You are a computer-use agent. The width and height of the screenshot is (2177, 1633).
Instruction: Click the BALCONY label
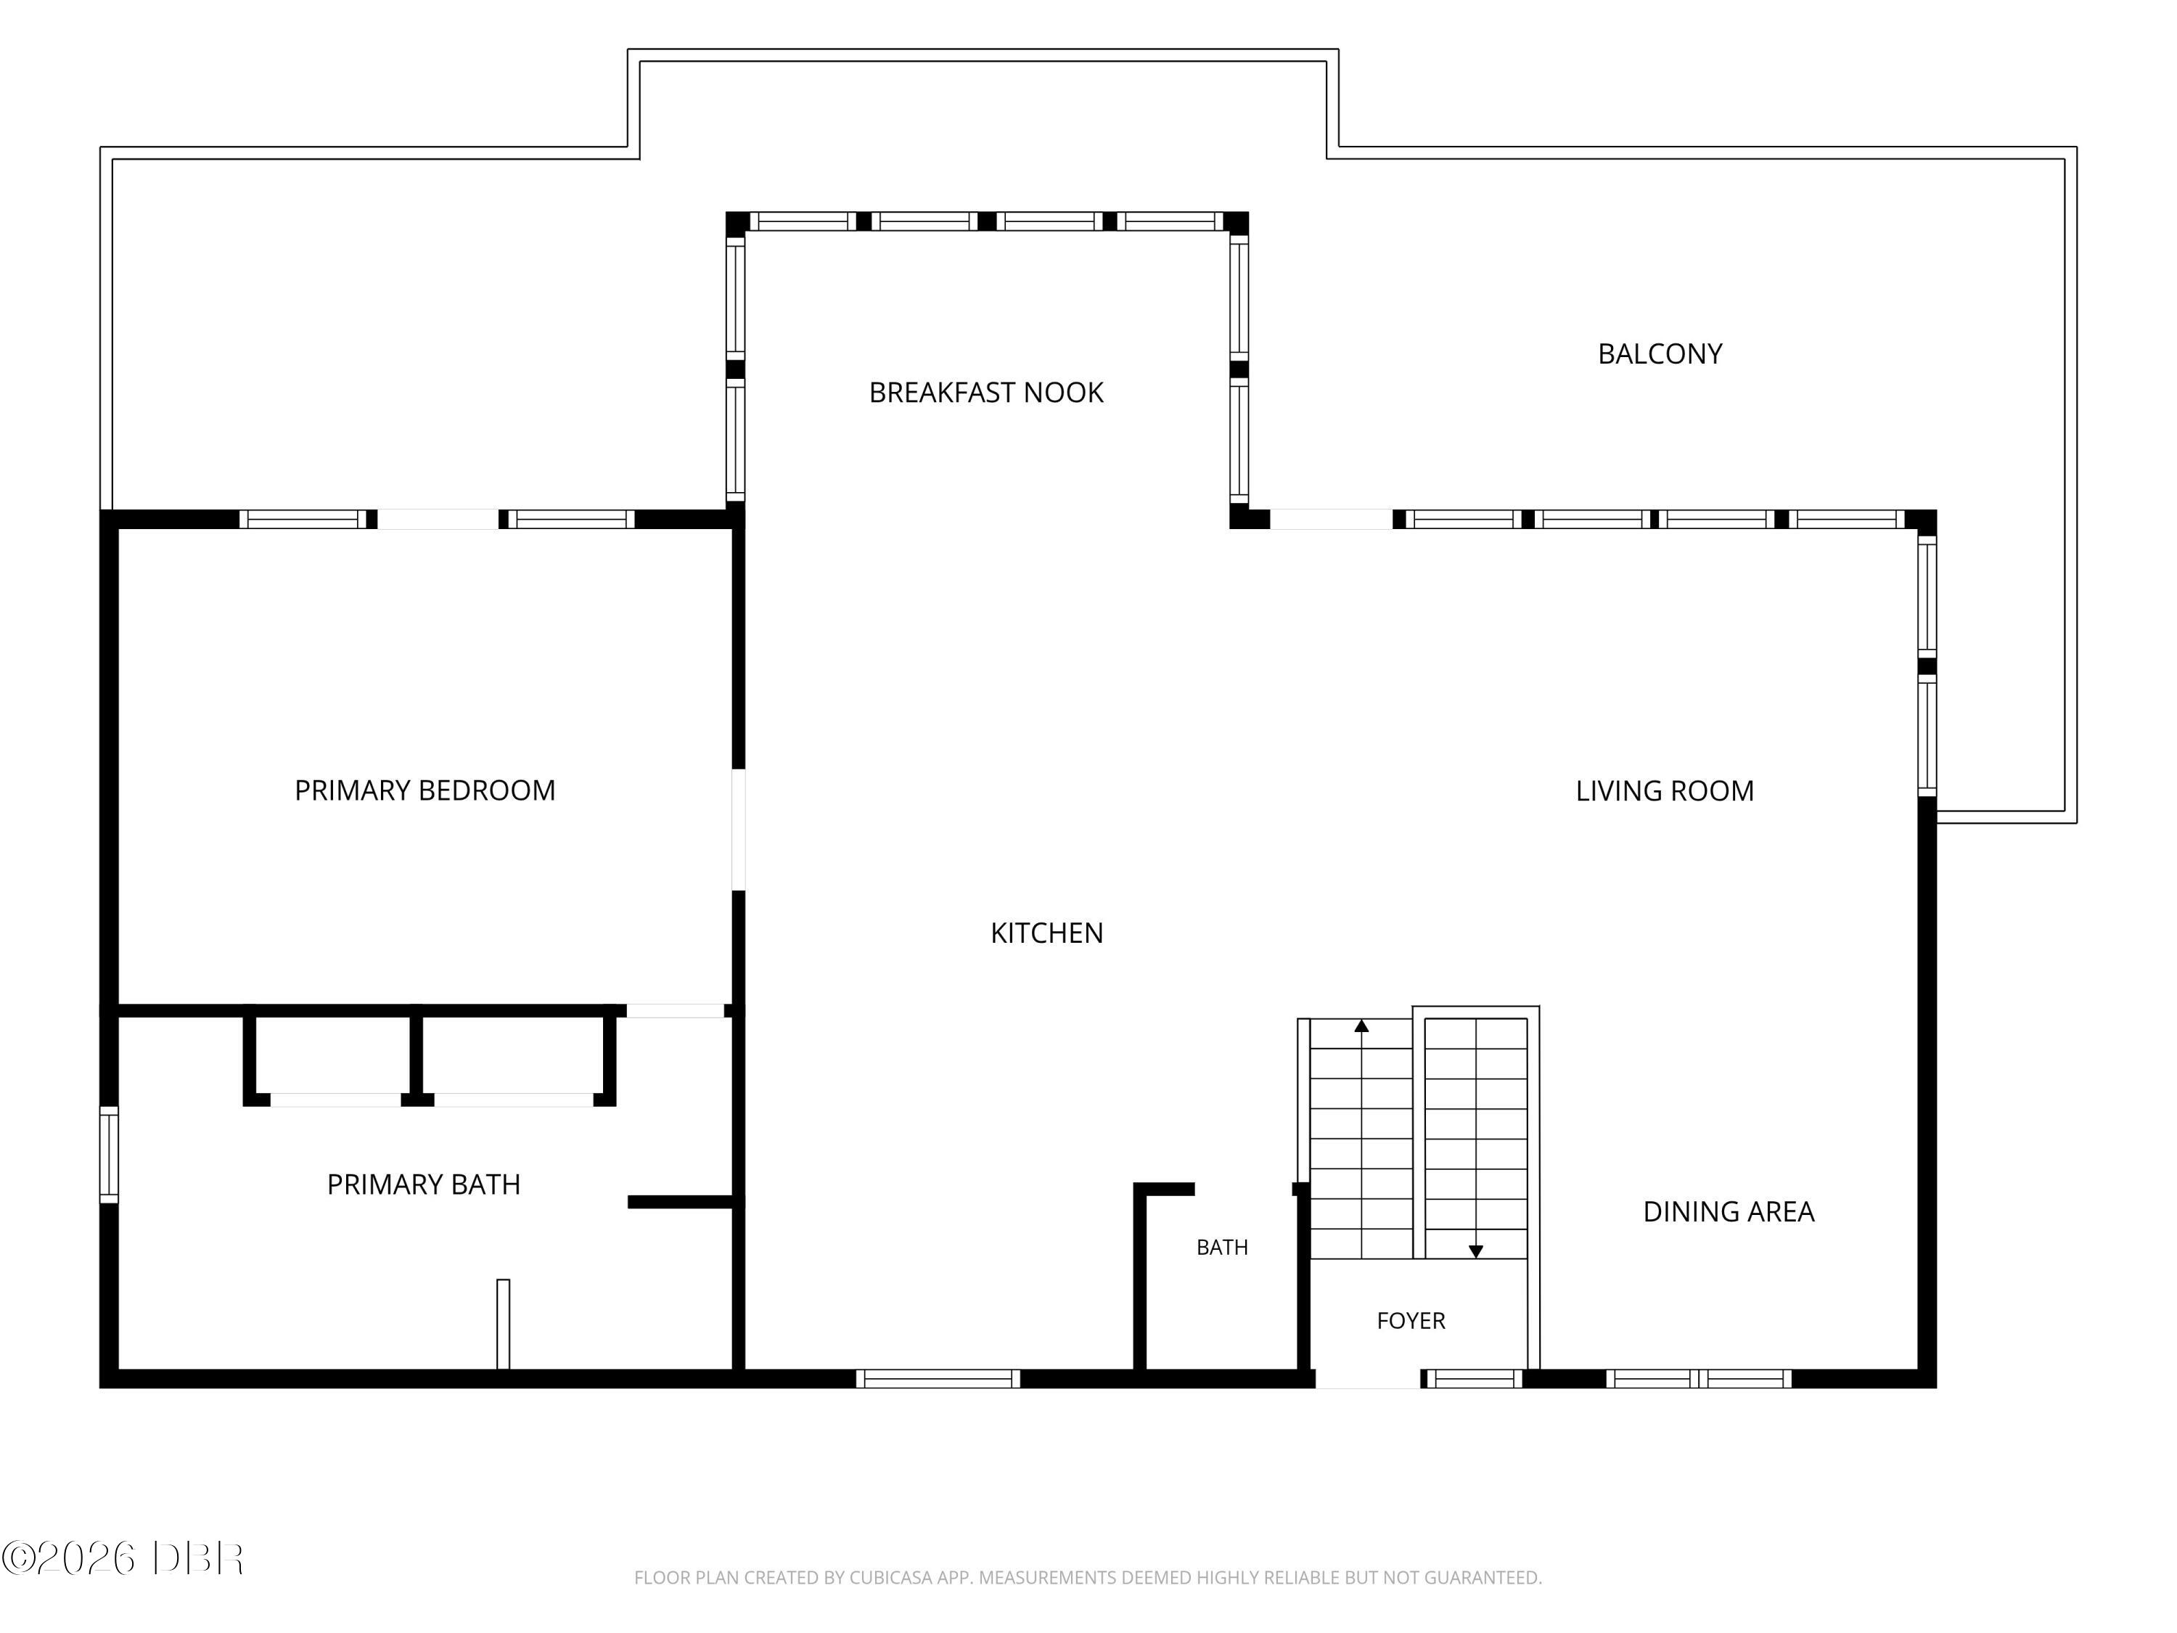1660,354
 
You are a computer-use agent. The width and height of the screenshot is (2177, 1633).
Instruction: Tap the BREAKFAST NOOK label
986,393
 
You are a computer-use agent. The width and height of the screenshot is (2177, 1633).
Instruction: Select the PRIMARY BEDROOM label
425,790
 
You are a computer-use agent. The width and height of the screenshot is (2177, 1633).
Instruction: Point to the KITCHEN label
1047,933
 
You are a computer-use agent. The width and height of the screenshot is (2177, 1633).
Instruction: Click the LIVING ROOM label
1664,791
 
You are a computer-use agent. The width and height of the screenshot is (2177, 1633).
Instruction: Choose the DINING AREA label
1729,1212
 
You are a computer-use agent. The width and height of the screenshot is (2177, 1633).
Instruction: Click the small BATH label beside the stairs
1221,1247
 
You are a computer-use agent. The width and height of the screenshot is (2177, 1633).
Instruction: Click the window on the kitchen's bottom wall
938,1378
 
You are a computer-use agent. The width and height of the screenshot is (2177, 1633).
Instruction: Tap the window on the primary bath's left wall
110,1155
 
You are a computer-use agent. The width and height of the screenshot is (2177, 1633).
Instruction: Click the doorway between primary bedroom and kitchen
738,830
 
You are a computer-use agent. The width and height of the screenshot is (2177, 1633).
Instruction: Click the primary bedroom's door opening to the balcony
438,519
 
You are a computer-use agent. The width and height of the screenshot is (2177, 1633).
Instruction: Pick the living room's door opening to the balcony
1332,519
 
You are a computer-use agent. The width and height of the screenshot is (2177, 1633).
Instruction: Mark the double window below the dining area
1699,1378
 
